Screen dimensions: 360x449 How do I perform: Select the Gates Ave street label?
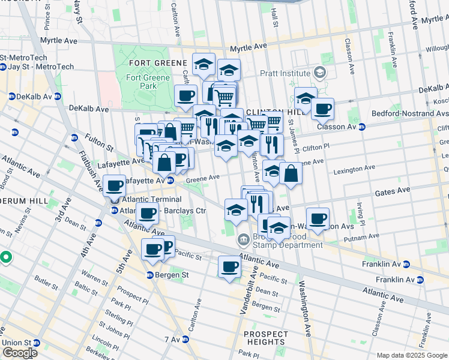pos(393,190)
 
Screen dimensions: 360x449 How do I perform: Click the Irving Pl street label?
pos(360,214)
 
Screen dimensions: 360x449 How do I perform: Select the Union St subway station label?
pos(16,343)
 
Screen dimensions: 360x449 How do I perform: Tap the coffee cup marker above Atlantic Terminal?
pos(114,185)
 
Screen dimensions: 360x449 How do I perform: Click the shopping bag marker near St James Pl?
pos(291,173)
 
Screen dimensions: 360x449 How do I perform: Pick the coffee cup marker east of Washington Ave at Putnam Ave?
pos(318,218)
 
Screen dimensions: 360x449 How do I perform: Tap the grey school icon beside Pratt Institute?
pos(320,73)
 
